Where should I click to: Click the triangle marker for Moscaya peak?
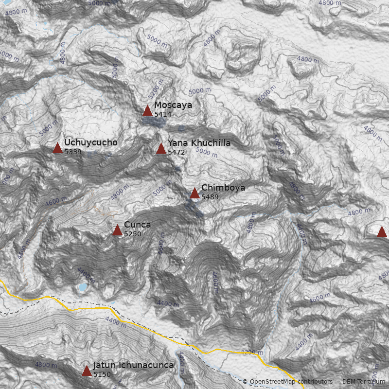(147, 111)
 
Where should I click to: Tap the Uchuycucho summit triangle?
(57, 148)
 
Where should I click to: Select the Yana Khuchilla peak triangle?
(161, 149)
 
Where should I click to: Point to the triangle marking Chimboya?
(194, 194)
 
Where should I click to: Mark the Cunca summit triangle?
(117, 230)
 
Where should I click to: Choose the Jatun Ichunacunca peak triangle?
(87, 371)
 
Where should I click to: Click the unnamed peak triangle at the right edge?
(382, 232)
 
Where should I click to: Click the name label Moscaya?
(173, 105)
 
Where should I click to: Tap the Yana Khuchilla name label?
(199, 143)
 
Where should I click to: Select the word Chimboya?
(223, 188)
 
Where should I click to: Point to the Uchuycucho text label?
(90, 142)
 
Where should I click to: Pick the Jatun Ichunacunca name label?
(133, 365)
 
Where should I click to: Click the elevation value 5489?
(210, 197)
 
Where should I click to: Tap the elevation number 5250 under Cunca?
(133, 234)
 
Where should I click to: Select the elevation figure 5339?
(73, 152)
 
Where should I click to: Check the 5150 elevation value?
(102, 374)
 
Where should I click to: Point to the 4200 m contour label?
(251, 352)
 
